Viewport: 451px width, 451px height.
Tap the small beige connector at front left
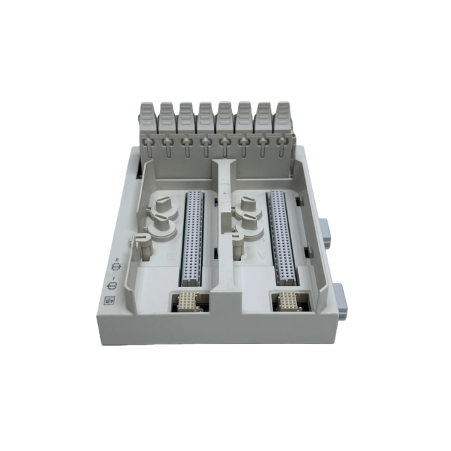point(188,304)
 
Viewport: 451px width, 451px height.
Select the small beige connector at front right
point(289,304)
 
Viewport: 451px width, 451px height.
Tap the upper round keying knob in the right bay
point(247,206)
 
